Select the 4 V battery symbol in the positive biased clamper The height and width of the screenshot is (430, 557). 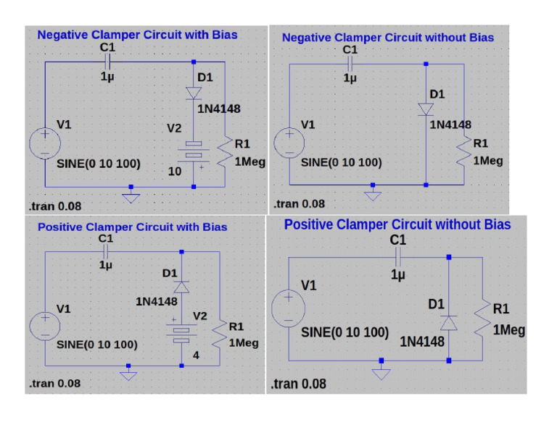click(181, 333)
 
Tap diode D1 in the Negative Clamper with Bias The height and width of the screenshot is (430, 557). click(194, 93)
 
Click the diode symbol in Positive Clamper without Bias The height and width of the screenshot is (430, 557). click(449, 323)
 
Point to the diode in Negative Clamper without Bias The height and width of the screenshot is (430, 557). click(426, 109)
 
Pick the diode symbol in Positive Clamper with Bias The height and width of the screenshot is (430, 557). click(181, 287)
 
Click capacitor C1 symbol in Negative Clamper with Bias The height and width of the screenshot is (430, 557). click(107, 62)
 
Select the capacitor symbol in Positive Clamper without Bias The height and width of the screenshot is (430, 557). click(398, 258)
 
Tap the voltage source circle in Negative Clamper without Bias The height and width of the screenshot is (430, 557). click(289, 143)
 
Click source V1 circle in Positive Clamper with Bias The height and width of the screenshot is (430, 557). click(45, 326)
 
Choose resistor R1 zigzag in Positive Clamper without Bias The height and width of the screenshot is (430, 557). click(482, 320)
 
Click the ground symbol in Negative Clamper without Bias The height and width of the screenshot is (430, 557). click(373, 195)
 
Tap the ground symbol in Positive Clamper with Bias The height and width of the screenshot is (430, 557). click(128, 376)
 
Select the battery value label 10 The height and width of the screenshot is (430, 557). click(175, 172)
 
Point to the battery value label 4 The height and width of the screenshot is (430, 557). click(196, 355)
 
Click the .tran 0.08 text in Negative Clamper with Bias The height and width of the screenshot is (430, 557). click(55, 206)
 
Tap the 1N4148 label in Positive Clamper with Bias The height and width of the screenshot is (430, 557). click(157, 302)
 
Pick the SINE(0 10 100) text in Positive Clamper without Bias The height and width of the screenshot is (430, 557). click(345, 332)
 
